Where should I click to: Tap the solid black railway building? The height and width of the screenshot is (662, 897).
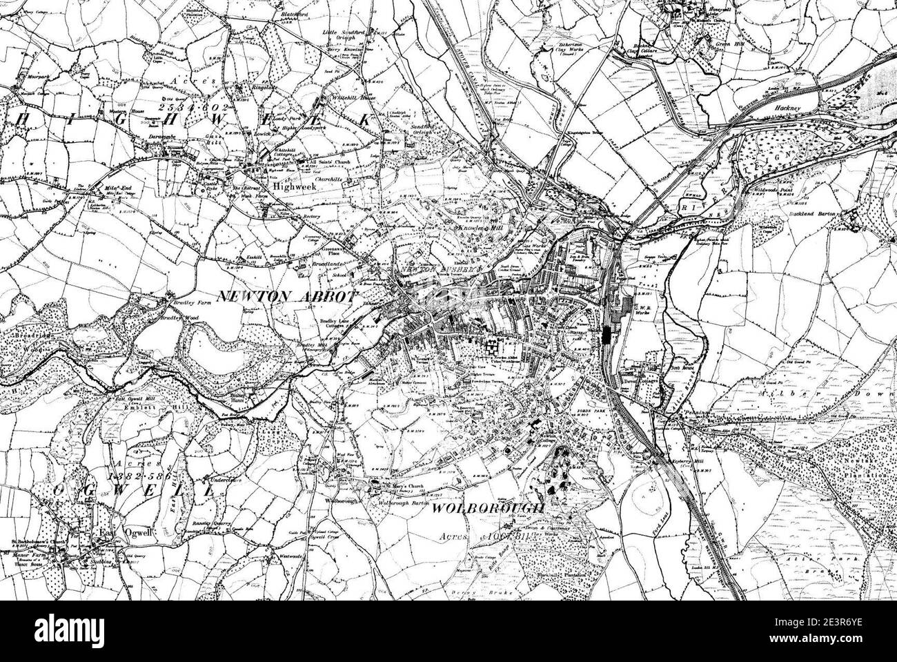point(607,335)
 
